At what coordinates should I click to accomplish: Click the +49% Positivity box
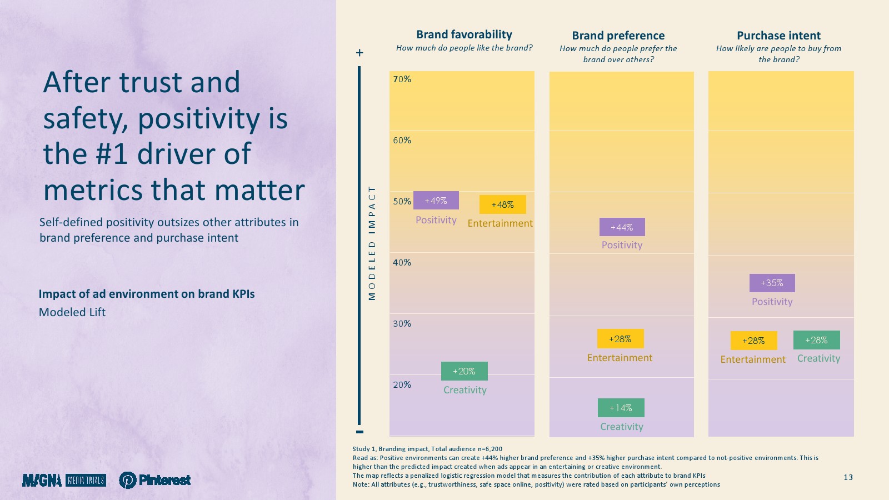click(x=436, y=201)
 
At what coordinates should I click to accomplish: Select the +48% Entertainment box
click(x=502, y=204)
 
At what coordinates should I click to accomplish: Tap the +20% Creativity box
click(x=465, y=371)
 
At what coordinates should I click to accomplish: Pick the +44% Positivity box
click(x=622, y=227)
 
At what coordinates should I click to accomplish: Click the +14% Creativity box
click(x=621, y=408)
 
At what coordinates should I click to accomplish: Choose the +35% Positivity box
click(x=772, y=283)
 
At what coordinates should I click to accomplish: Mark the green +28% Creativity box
click(x=816, y=340)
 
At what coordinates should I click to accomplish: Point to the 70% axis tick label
click(x=402, y=79)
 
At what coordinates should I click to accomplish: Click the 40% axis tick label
click(x=402, y=262)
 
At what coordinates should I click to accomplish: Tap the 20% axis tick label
click(x=402, y=384)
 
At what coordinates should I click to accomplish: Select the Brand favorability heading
click(x=464, y=34)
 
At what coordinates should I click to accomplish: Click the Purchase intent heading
click(x=778, y=36)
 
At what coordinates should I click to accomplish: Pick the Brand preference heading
click(x=618, y=36)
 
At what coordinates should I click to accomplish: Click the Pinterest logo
click(x=155, y=480)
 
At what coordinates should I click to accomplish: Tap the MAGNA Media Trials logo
click(x=64, y=480)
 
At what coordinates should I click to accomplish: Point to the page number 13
click(x=848, y=477)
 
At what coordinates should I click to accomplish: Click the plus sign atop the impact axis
click(x=359, y=52)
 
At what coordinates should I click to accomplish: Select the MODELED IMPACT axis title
click(x=372, y=243)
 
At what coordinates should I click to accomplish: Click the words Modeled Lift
click(x=72, y=312)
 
